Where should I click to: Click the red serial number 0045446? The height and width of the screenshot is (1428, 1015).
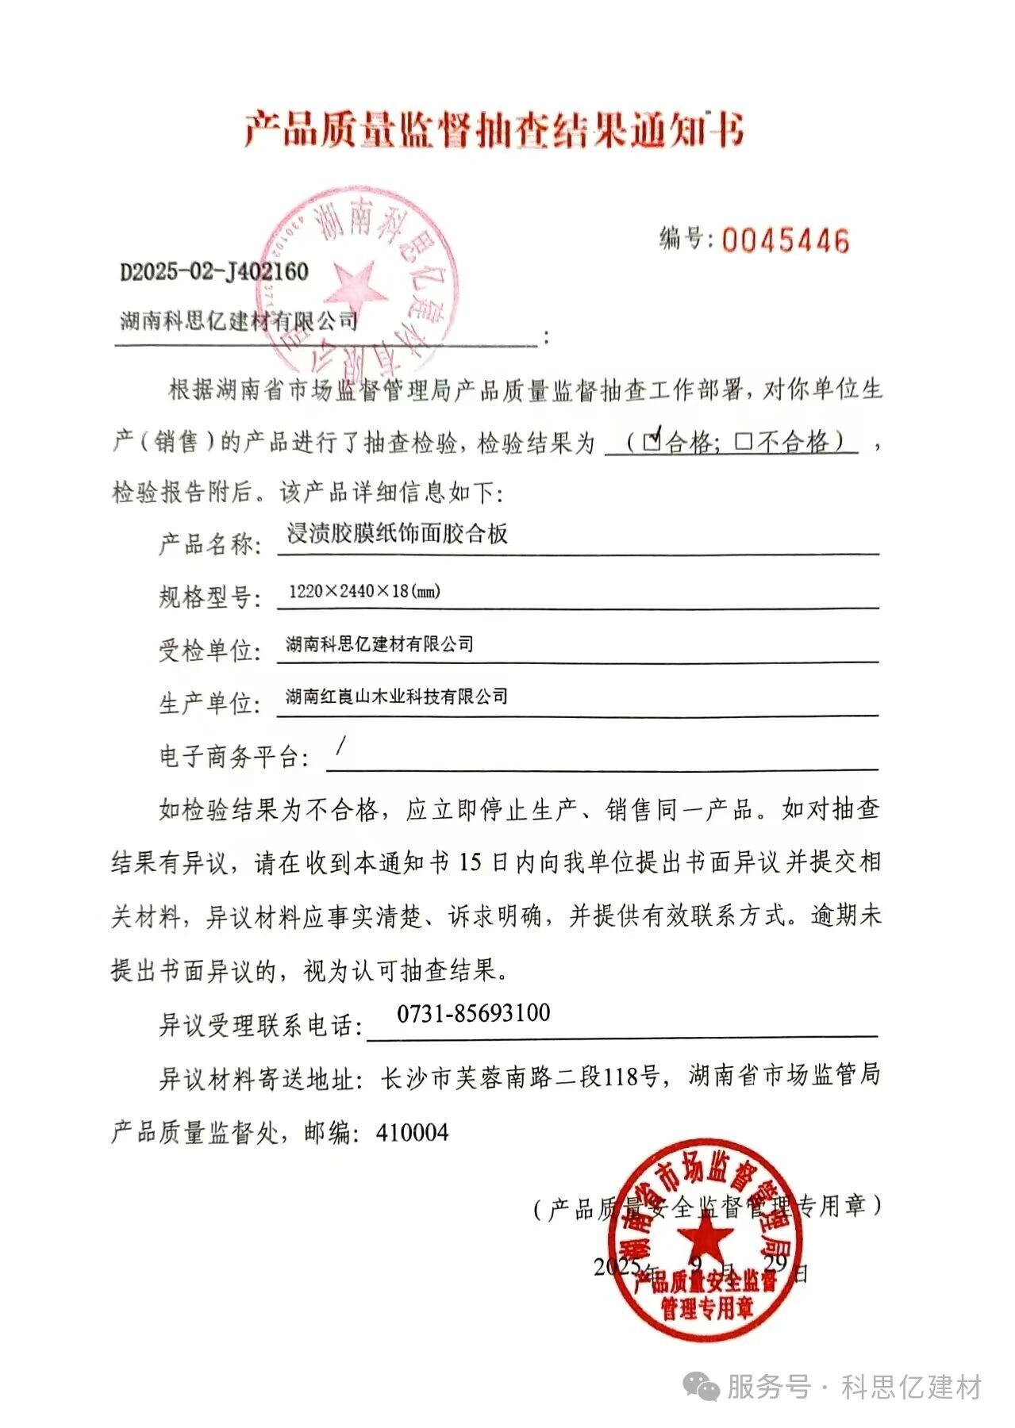tap(785, 240)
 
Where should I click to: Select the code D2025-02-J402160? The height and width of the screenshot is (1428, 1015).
tap(213, 272)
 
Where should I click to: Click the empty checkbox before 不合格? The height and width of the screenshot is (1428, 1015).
tap(743, 442)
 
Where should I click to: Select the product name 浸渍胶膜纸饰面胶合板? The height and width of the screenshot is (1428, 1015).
tap(397, 534)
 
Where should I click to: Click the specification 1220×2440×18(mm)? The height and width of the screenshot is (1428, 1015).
tap(364, 591)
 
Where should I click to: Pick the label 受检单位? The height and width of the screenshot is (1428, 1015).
tap(210, 651)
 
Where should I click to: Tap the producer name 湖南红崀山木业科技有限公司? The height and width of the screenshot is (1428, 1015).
tap(396, 697)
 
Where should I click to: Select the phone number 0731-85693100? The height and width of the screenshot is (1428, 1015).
tap(473, 1013)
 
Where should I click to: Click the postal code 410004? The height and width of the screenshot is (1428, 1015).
tap(412, 1132)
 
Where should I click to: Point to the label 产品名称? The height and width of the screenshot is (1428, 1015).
tap(210, 544)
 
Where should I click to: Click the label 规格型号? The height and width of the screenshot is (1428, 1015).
tap(210, 597)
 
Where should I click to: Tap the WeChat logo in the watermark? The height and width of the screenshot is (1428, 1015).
tap(702, 1388)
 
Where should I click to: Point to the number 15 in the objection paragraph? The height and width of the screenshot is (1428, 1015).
tap(471, 862)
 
